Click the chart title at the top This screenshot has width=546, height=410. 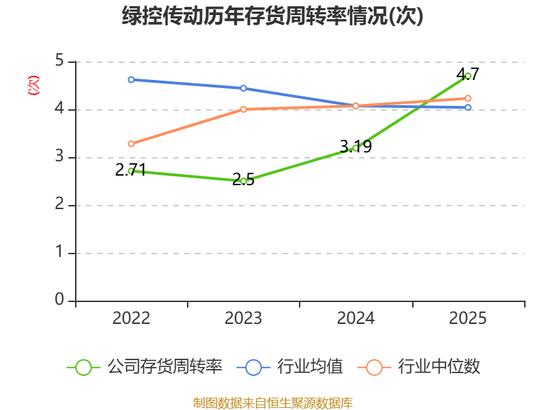pos(272,16)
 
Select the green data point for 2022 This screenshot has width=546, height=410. pos(131,172)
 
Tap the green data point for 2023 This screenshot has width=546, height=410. pos(244,181)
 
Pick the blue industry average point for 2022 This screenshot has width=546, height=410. pos(131,80)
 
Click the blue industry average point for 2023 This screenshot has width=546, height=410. pos(244,89)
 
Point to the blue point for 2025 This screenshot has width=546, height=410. pos(468,107)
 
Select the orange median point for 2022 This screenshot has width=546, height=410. pos(131,144)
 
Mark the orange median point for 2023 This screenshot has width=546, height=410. pos(244,109)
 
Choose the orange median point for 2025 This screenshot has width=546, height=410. pos(468,98)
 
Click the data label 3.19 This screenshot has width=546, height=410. pos(356,146)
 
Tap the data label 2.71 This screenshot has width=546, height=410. pos(130,170)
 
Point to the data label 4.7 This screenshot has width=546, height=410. pos(468,74)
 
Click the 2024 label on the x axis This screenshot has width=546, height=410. pos(356,318)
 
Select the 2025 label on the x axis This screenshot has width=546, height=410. pos(468,318)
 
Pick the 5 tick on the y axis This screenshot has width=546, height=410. pos(59,60)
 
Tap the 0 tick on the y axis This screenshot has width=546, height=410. pos(59,299)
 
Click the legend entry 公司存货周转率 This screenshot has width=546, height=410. pos(144,367)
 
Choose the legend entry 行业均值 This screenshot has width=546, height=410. pos(289,367)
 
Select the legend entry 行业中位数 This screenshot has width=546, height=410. pos(419,367)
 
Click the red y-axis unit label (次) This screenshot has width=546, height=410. pos(33,85)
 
